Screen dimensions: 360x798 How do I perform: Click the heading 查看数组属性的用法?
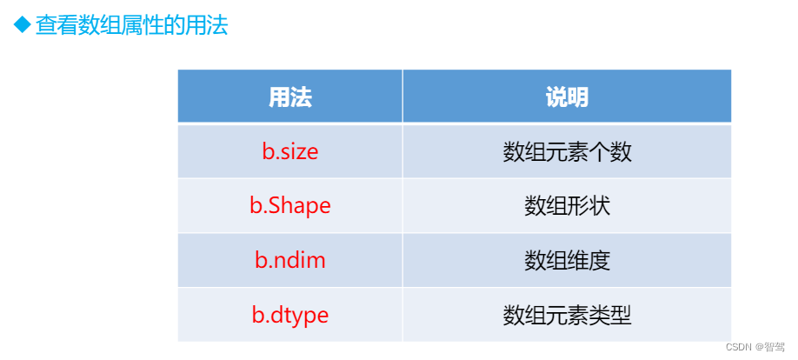(131, 26)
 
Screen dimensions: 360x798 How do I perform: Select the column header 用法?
(290, 97)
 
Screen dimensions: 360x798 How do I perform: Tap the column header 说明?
(567, 97)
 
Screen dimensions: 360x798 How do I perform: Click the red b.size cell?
(290, 152)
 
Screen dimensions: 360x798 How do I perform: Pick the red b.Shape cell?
(290, 206)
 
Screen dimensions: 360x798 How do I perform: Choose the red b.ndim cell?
(290, 260)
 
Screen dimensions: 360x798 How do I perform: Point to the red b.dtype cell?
(290, 314)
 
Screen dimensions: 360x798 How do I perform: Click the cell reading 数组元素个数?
(567, 152)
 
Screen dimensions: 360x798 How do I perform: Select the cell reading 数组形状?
(567, 206)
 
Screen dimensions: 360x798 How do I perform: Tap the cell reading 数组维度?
(567, 260)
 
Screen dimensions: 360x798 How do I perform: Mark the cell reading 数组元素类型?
(567, 314)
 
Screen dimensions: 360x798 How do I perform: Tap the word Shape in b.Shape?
(299, 206)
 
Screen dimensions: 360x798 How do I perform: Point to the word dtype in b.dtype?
(299, 314)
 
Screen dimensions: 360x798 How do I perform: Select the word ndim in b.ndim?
(299, 260)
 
